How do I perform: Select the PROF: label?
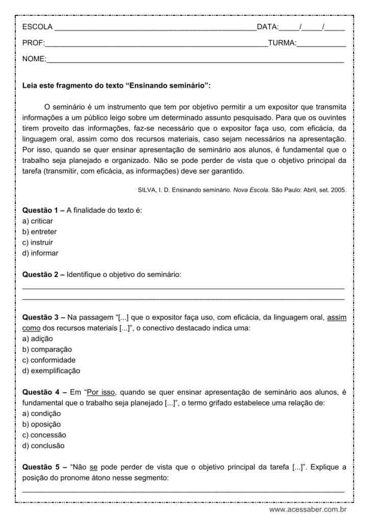click(34, 43)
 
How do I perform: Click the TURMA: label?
click(282, 43)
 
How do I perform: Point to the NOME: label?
click(34, 60)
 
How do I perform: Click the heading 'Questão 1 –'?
click(43, 211)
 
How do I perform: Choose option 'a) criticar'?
click(37, 221)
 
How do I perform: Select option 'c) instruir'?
click(37, 242)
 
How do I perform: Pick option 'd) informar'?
click(40, 253)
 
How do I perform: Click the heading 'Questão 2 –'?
click(43, 274)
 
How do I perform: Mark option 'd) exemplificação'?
click(51, 371)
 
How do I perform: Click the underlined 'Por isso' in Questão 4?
click(101, 392)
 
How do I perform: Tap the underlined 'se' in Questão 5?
click(93, 467)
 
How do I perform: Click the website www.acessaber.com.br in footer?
click(308, 509)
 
